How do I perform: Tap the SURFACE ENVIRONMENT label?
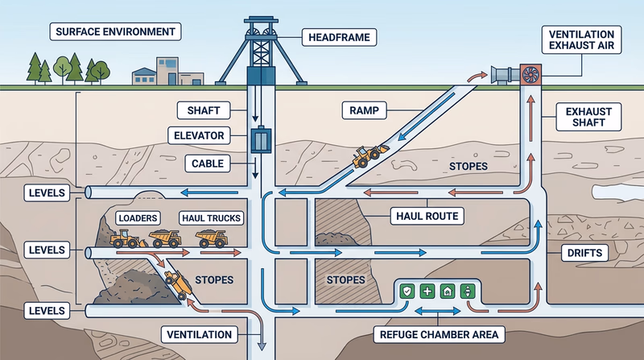pos(114,33)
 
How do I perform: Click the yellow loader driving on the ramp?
pos(370,155)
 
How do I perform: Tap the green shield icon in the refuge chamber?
pos(408,292)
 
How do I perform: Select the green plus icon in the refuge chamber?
pos(427,292)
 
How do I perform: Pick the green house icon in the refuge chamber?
pos(448,292)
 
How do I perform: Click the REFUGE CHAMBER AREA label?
pos(437,333)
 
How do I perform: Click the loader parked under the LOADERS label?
pos(127,238)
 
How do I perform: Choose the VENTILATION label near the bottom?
pos(199,333)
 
